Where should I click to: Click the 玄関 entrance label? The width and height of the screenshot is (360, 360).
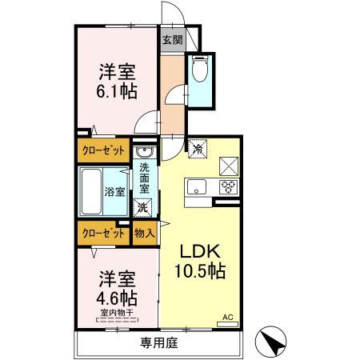click(x=172, y=39)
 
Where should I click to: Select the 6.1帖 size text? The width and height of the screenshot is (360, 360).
click(x=118, y=91)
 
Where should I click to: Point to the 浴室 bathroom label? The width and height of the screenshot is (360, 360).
click(x=114, y=192)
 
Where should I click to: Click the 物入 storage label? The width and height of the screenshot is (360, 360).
click(x=144, y=234)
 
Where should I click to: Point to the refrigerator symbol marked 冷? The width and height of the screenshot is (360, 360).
click(x=197, y=149)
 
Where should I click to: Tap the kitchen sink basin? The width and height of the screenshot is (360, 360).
click(x=196, y=188)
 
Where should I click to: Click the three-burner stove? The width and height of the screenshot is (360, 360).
click(x=227, y=188)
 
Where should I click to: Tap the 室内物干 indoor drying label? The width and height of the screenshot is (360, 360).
click(x=117, y=313)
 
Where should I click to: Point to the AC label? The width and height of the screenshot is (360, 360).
click(x=227, y=317)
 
